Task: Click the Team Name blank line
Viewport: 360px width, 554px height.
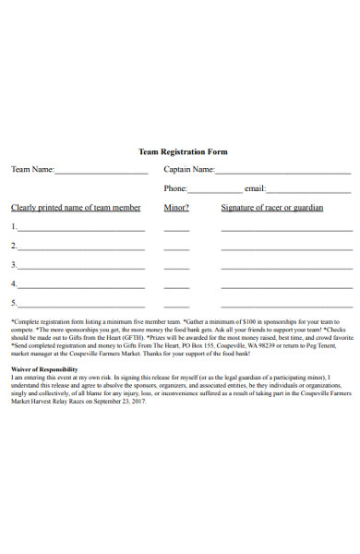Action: (101, 173)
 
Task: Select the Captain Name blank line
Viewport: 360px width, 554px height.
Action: (282, 173)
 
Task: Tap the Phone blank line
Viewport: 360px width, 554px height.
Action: (216, 191)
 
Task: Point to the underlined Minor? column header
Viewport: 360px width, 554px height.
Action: (176, 208)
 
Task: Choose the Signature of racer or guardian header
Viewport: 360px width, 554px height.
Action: (272, 208)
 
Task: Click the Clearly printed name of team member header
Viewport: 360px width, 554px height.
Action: (76, 208)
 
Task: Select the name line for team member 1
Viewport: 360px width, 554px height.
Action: (81, 230)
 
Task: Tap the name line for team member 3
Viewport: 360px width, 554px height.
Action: (81, 268)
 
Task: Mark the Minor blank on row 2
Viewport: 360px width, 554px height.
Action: (176, 249)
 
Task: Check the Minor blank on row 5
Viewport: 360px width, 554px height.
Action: (176, 306)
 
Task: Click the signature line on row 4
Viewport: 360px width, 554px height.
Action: (286, 287)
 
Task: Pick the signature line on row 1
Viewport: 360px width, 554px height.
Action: (286, 230)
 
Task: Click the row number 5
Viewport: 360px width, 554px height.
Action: (13, 302)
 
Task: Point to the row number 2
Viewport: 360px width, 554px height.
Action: (13, 246)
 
